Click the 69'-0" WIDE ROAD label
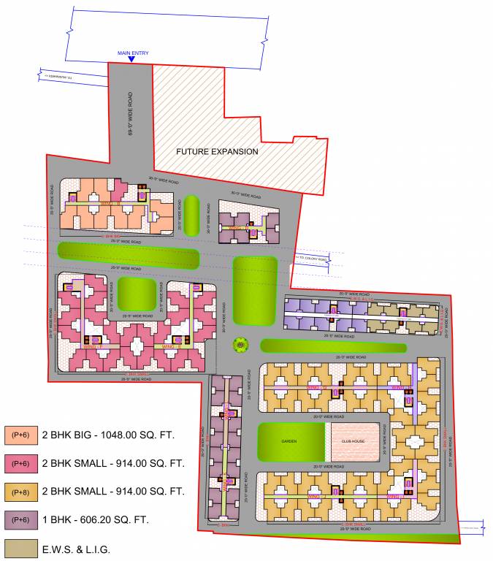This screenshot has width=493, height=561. click(x=131, y=112)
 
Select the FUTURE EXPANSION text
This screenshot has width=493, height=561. click(x=217, y=151)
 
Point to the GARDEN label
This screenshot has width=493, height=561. click(x=290, y=441)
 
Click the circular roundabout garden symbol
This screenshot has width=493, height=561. click(x=239, y=345)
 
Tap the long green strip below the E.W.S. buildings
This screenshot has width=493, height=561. click(x=333, y=346)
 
